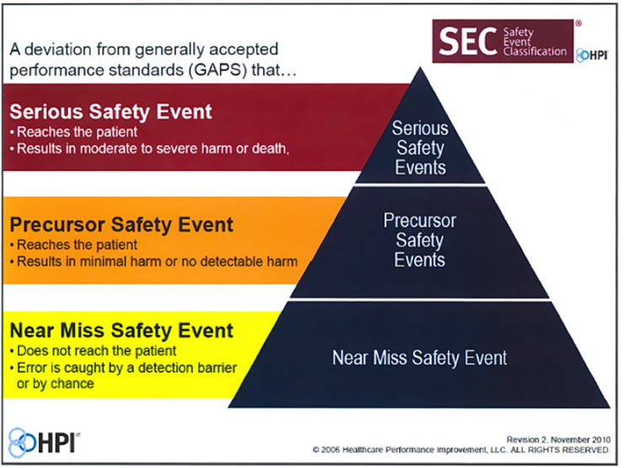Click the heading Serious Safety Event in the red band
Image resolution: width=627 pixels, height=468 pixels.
click(x=110, y=112)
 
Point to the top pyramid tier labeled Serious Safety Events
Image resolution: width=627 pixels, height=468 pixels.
click(x=420, y=148)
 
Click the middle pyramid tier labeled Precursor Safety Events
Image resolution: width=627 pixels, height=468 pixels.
click(x=420, y=239)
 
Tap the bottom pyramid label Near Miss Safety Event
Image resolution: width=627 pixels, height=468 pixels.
click(x=420, y=358)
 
